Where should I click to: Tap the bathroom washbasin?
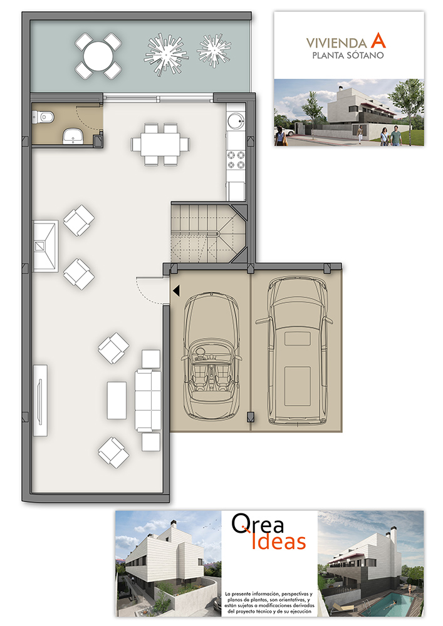pyautogui.click(x=73, y=136)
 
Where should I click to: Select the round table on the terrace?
pyautogui.click(x=98, y=56)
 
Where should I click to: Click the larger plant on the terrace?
pyautogui.click(x=165, y=54)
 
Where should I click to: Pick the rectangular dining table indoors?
pyautogui.click(x=160, y=144)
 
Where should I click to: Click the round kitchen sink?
pyautogui.click(x=235, y=120)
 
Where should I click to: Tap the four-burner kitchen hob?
pyautogui.click(x=236, y=160)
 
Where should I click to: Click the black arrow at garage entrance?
pyautogui.click(x=176, y=290)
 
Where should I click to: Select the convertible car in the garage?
pyautogui.click(x=211, y=356)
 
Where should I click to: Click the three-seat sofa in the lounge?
pyautogui.click(x=149, y=401)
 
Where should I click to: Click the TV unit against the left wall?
pyautogui.click(x=40, y=400)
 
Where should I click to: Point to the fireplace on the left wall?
pyautogui.click(x=45, y=246)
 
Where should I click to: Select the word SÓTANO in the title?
pyautogui.click(x=364, y=56)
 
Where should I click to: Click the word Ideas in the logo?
pyautogui.click(x=278, y=541)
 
